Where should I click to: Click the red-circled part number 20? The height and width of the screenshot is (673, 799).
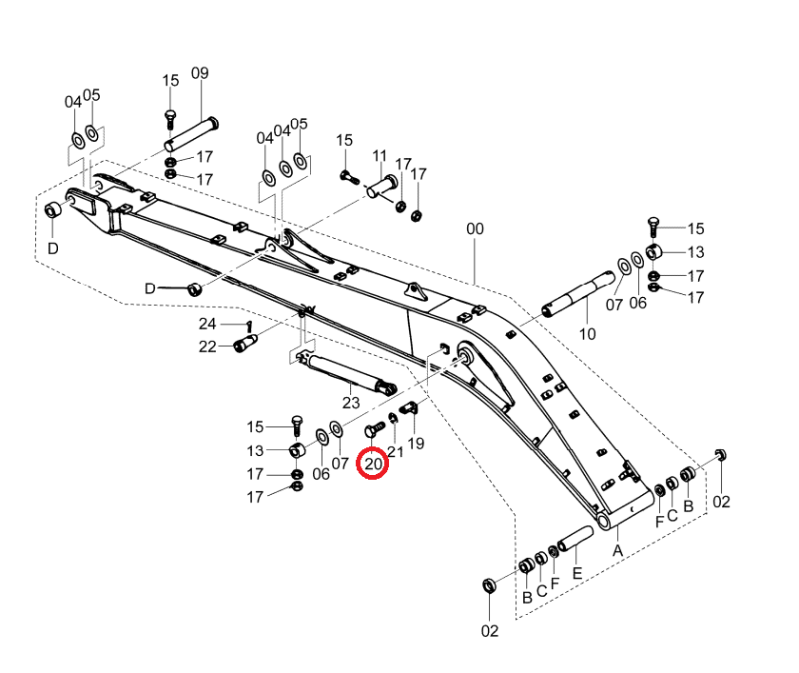tap(373, 464)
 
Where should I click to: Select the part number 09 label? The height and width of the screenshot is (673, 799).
tap(200, 73)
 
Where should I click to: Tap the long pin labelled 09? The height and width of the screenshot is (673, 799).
tap(191, 134)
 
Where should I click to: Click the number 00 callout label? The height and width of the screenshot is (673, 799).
tap(475, 228)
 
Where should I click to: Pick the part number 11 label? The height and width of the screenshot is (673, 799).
tap(380, 155)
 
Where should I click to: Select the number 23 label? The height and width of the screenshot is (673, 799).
tap(351, 403)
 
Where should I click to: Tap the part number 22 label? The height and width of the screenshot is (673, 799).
tap(207, 346)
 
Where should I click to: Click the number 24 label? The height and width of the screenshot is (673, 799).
tap(207, 324)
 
